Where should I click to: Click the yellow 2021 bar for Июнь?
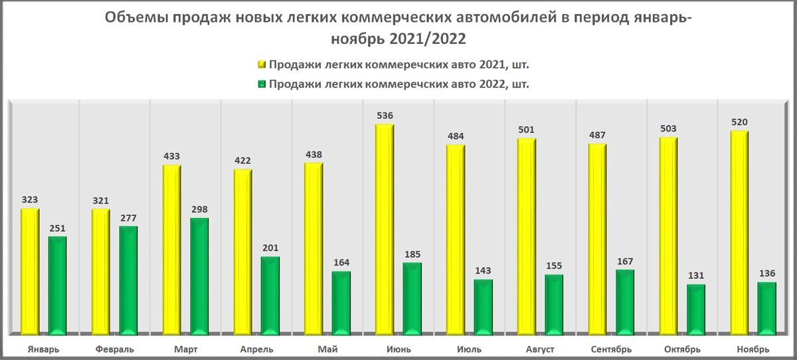coord(385,229)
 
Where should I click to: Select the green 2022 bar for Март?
coord(199,276)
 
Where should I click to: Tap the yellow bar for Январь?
coord(30,271)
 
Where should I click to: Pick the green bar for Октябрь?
coord(696,309)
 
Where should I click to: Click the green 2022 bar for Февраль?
coord(128,280)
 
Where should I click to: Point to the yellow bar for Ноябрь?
coord(739,232)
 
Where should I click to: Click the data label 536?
coord(385,116)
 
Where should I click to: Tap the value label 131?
coord(696,276)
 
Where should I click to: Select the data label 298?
coord(199,209)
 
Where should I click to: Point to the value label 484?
coord(456,136)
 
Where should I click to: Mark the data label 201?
coord(270,248)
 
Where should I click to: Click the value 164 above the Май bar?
coord(341,262)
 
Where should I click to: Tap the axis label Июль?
coord(469,349)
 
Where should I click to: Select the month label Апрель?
coord(255,349)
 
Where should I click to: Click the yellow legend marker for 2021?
coord(262,64)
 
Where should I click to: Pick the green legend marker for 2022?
coord(262,84)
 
